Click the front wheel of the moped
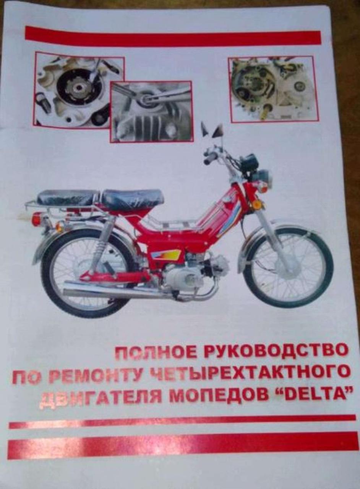click(288, 267)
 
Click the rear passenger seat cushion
click(68, 197)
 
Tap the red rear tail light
click(37, 219)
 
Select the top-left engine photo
click(79, 90)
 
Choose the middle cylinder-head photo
click(152, 112)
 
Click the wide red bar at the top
click(173, 37)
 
